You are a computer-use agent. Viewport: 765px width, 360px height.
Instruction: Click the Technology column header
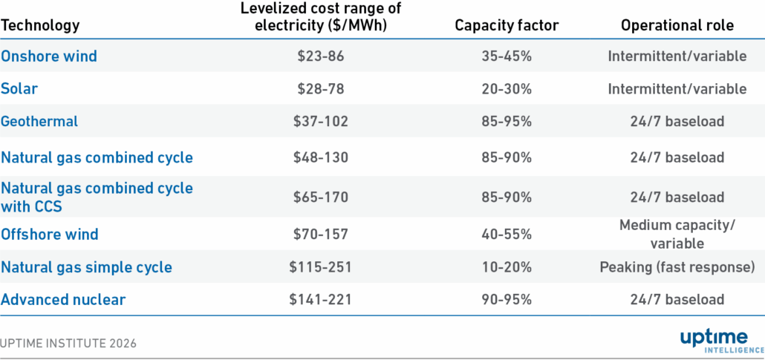pos(40,25)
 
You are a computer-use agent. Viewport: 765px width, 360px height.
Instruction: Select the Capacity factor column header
pos(506,25)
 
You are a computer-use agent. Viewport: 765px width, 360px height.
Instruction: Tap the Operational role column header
pos(677,25)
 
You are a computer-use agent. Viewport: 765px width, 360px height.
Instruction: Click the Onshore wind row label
pos(49,56)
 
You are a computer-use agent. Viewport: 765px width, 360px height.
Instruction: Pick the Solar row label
pos(19,89)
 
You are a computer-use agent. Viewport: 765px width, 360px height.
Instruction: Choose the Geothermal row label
pos(39,121)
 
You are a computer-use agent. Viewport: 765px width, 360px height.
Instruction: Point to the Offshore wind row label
pos(50,235)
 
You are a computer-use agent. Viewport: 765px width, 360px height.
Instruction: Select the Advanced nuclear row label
pos(63,300)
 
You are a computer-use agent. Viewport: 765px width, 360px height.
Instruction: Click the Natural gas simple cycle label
pos(86,267)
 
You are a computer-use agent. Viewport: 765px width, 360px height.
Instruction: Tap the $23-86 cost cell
pos(321,56)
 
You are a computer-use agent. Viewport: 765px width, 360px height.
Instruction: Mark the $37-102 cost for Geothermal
pos(321,122)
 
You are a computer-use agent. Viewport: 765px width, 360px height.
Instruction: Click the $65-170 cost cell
pos(321,197)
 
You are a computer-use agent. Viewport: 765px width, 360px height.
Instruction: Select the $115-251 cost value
pos(321,267)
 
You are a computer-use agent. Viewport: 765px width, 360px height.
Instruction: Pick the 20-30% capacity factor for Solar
pos(506,89)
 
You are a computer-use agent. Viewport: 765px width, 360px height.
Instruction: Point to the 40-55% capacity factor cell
pos(506,235)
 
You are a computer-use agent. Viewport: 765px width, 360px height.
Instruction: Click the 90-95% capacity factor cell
pos(506,300)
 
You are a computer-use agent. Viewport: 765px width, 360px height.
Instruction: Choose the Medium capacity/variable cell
pos(677,235)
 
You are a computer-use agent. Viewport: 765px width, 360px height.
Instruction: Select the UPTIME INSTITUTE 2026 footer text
pos(68,344)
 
